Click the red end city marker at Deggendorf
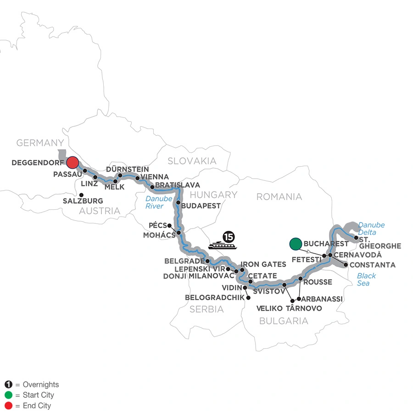[73, 163]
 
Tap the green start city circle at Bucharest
[296, 244]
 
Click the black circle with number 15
[228, 237]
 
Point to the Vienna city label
[155, 177]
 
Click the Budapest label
[201, 206]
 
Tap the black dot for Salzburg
[81, 195]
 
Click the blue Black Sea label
[366, 279]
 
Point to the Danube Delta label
[372, 229]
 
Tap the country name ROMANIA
[279, 197]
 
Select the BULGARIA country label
[284, 321]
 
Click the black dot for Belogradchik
[248, 298]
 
